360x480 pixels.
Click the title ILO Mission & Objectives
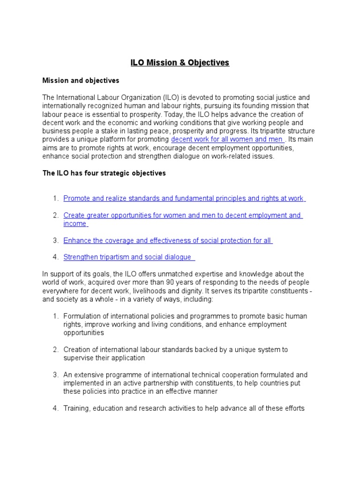[180, 63]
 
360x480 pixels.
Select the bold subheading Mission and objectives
[81, 81]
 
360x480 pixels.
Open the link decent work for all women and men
[227, 139]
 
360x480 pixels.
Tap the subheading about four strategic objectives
[104, 173]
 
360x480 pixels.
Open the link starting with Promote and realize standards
[183, 198]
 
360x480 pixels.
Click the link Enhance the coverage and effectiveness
[167, 240]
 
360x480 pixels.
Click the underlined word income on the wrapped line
[75, 224]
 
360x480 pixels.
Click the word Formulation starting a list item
[81, 316]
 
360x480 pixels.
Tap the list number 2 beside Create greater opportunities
[55, 216]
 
